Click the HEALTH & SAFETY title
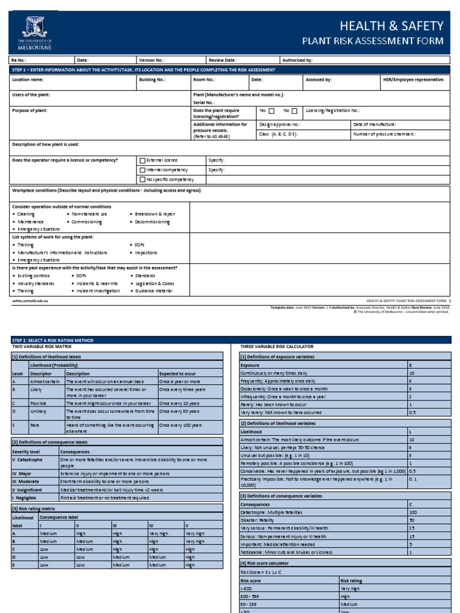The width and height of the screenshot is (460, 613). click(391, 26)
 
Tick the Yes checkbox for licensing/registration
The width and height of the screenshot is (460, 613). click(271, 111)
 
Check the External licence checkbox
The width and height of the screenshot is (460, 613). click(142, 160)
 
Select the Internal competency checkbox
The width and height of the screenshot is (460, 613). click(142, 170)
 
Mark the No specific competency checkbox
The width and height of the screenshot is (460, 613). click(142, 180)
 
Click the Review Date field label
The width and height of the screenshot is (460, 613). click(222, 60)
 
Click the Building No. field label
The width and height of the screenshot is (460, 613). click(152, 80)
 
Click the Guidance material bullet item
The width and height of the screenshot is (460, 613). click(153, 291)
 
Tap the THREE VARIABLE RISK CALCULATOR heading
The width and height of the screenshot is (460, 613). click(277, 347)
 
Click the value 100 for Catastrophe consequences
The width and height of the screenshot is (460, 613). click(413, 512)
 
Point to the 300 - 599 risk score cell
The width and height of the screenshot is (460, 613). click(250, 596)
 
